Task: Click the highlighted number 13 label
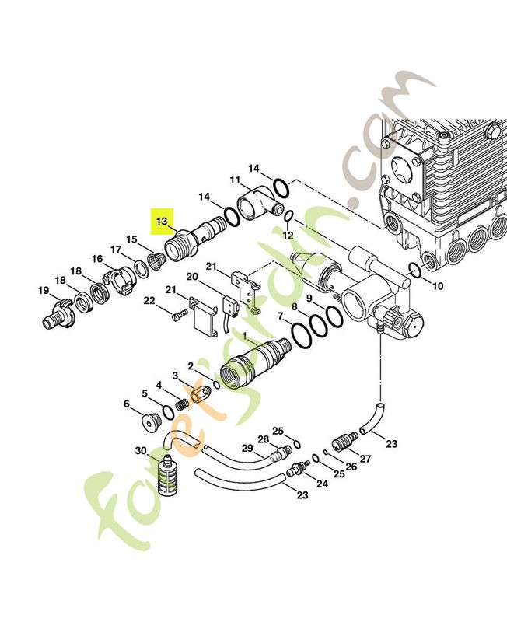162,222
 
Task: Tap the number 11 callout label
234,181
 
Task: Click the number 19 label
44,291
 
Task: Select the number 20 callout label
191,277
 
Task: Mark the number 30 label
141,452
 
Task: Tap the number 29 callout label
247,449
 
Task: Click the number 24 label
322,483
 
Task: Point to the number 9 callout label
309,299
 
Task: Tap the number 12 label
287,234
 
